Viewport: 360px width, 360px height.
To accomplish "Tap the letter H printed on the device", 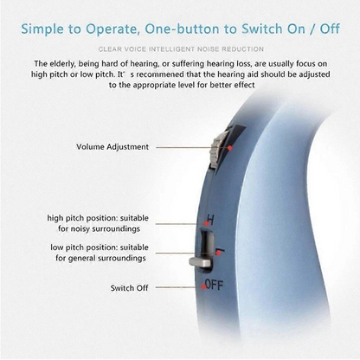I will pyautogui.click(x=209, y=220).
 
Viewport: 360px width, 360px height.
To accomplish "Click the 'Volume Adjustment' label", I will pyautogui.click(x=112, y=147).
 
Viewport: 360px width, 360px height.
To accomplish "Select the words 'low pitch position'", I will pyautogui.click(x=80, y=247).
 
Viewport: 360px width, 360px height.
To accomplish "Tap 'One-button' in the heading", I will pyautogui.click(x=200, y=28).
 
